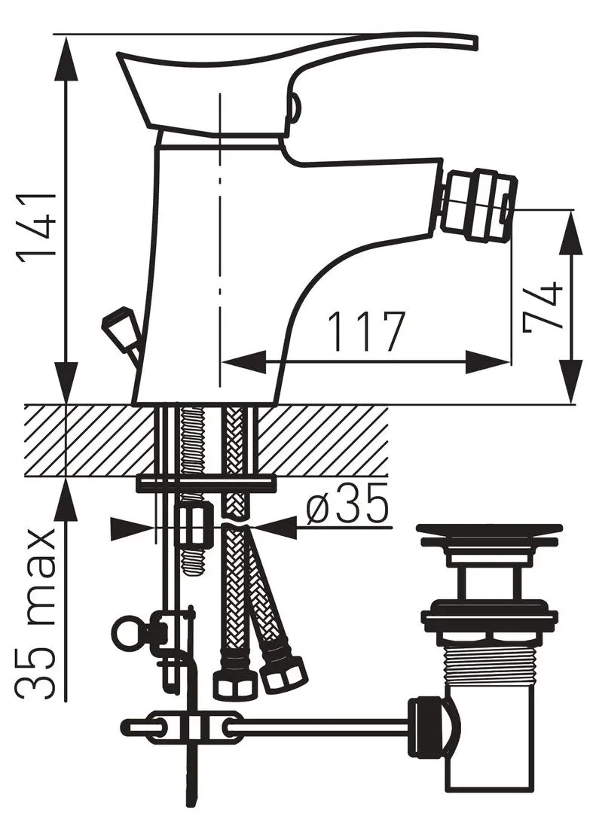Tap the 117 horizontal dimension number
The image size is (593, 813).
[x=367, y=332]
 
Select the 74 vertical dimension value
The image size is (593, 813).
[x=543, y=306]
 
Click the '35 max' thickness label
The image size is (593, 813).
[x=38, y=614]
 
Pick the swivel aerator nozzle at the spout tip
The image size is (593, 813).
[x=478, y=207]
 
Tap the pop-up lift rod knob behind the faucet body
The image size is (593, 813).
[x=116, y=327]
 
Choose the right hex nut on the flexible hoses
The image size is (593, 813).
[x=284, y=674]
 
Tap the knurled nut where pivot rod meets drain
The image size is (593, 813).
[x=425, y=726]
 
